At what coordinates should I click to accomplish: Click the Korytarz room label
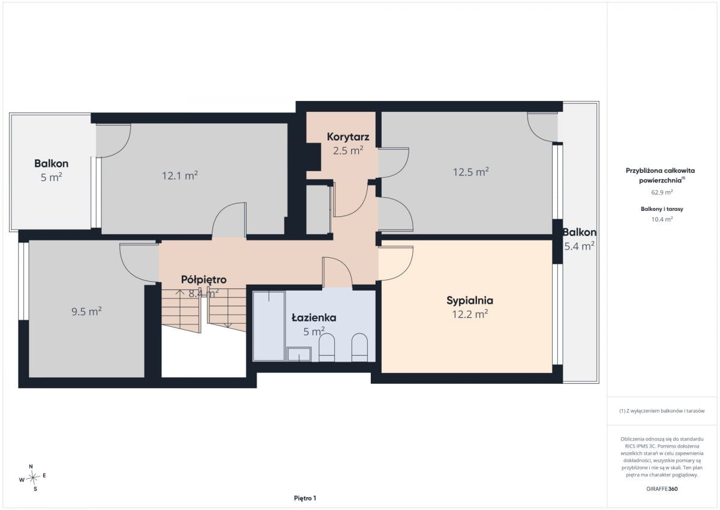tap(348, 137)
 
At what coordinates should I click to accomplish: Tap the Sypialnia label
tap(470, 300)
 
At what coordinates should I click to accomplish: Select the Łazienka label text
tap(314, 318)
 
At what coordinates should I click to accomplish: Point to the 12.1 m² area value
tap(179, 175)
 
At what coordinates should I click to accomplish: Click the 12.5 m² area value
tap(470, 172)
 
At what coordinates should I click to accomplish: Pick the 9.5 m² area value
tap(86, 312)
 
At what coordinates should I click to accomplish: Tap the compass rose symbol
tap(32, 478)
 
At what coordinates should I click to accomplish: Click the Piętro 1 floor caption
tap(305, 498)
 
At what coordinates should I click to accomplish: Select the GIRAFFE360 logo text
tap(662, 489)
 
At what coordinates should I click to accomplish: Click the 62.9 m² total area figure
tap(662, 192)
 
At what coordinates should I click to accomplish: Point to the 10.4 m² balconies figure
tap(662, 219)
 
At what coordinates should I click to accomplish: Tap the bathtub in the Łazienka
tap(269, 326)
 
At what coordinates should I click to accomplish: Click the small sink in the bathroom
tap(299, 354)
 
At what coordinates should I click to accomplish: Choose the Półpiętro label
tap(204, 279)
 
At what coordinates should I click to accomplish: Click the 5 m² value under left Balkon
tap(51, 177)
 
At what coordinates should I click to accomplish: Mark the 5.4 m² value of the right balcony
tap(579, 246)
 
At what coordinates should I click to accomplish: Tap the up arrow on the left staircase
tap(179, 293)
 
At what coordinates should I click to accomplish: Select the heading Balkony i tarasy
tap(662, 209)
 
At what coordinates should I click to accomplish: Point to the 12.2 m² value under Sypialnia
tap(470, 314)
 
